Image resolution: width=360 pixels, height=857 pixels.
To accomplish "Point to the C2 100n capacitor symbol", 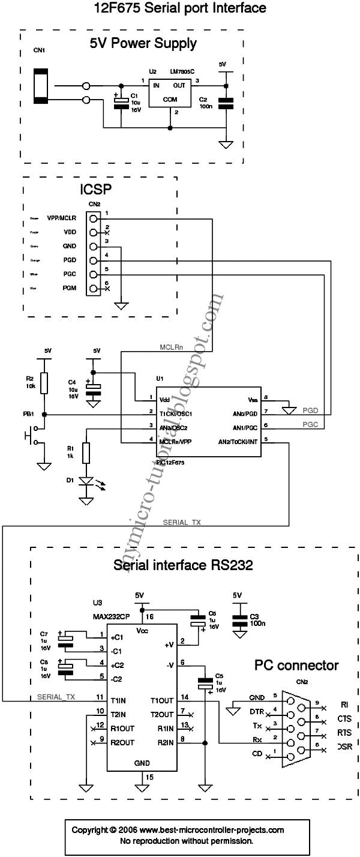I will click(x=226, y=103).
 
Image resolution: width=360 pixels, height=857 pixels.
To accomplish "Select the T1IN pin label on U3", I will click(x=118, y=700).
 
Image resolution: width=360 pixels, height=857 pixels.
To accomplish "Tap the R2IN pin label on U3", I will click(x=165, y=742).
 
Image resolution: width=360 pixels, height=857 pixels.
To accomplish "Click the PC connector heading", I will click(x=296, y=665).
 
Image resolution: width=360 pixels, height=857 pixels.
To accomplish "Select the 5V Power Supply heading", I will click(x=143, y=43).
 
